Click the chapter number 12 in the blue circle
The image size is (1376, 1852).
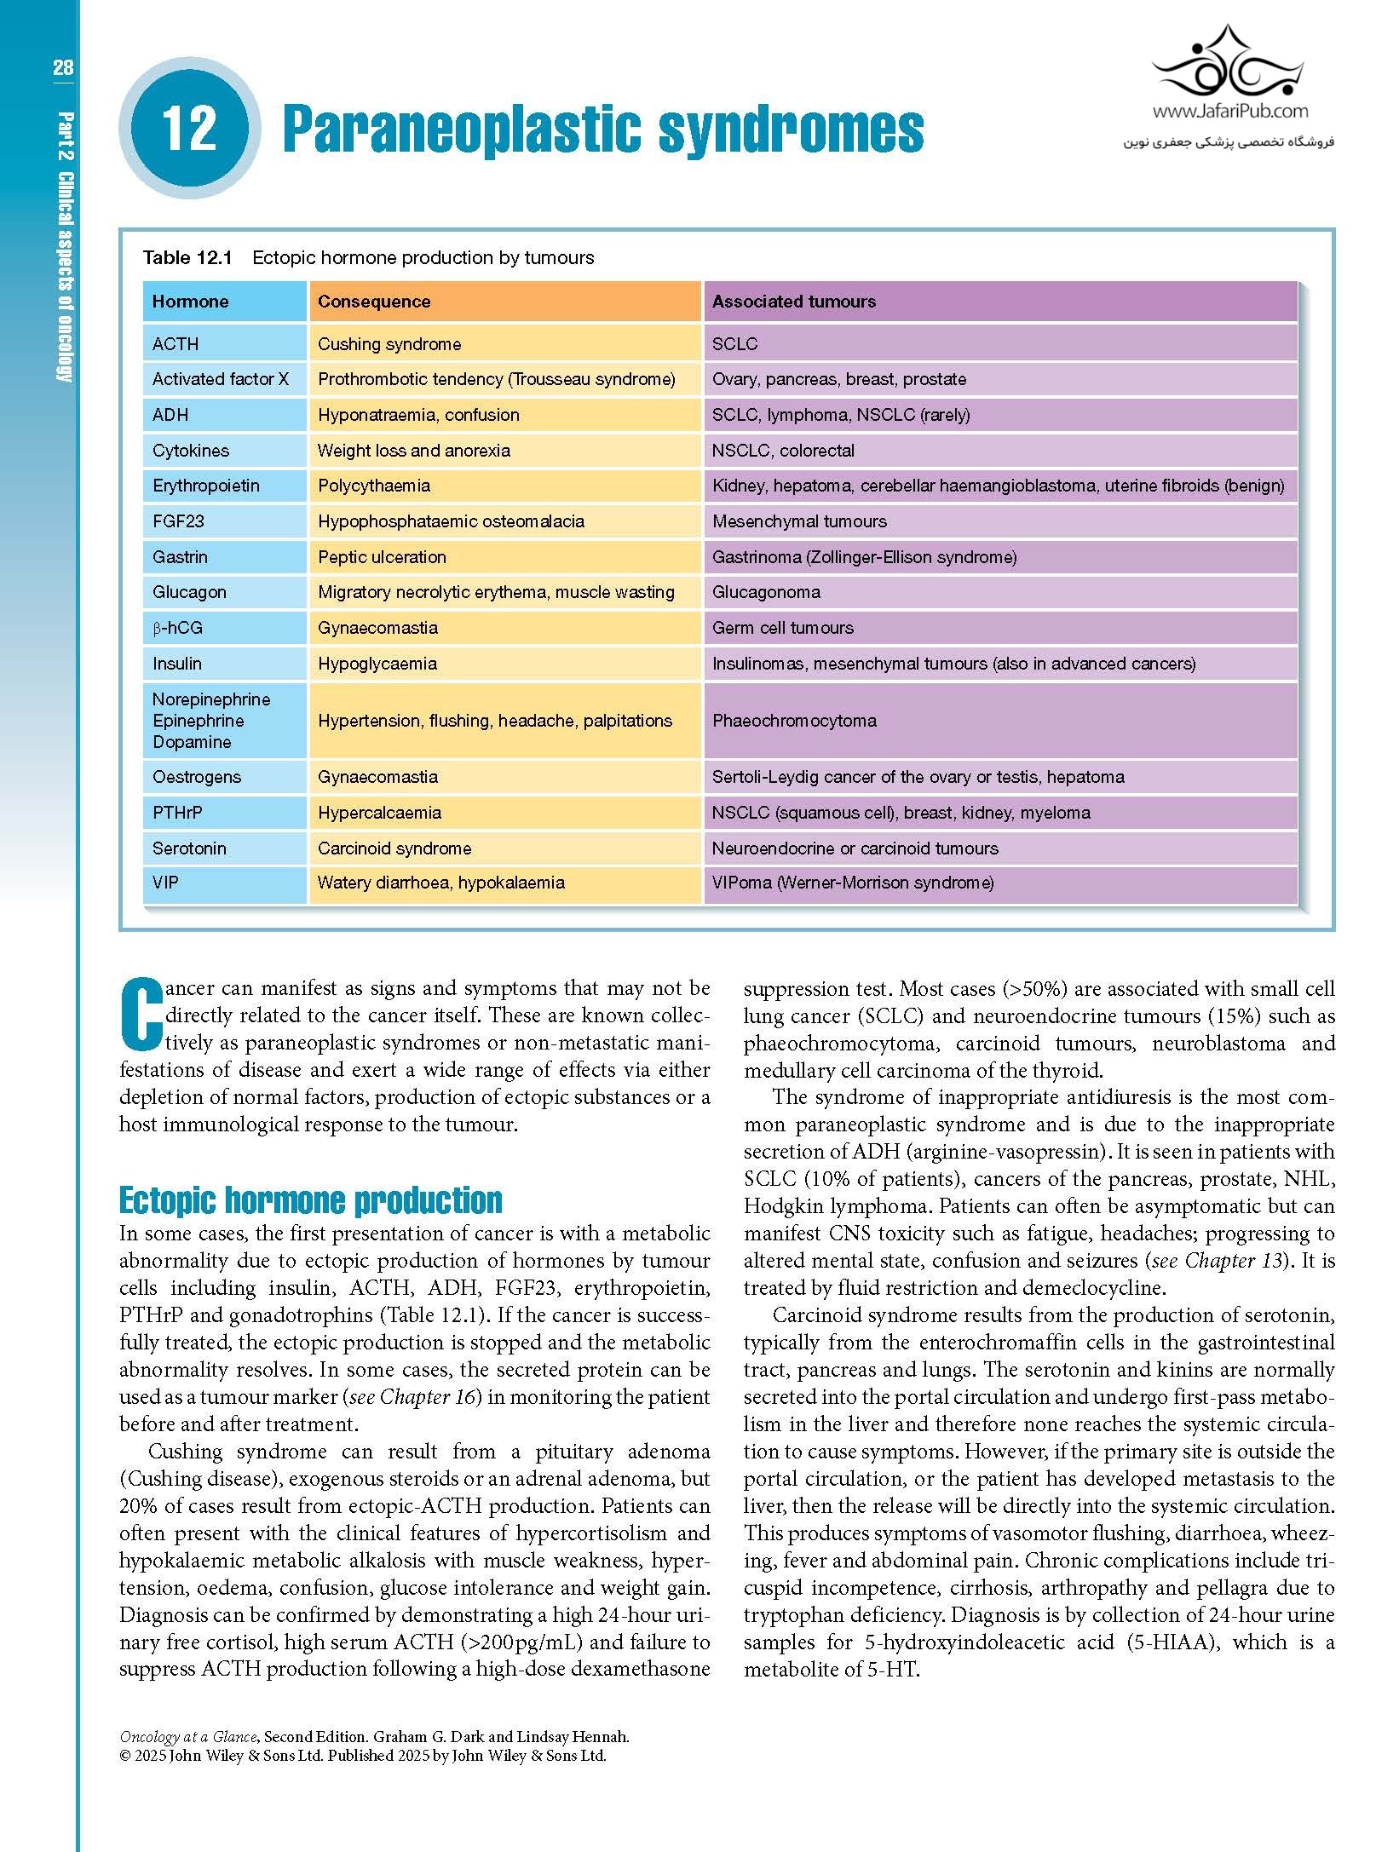coord(188,128)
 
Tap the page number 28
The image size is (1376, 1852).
coord(62,68)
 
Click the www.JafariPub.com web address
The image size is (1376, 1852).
coord(1229,111)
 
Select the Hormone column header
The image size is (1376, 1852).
coord(190,302)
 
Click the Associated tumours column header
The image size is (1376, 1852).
coord(793,302)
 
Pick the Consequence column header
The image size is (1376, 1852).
coord(374,302)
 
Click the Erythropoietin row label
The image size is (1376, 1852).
coord(205,486)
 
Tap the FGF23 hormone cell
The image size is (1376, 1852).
coord(178,521)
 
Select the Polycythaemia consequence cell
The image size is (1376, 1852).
coord(374,486)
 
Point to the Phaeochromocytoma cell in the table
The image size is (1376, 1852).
coord(794,721)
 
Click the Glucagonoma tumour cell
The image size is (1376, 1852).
coord(766,592)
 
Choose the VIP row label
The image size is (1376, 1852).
coord(165,883)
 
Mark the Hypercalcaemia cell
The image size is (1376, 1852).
coord(379,813)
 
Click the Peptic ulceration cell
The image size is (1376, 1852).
coord(382,557)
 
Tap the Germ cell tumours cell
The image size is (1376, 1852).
coord(782,628)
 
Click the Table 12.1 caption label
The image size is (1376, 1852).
coord(187,257)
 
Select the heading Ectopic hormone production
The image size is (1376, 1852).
coord(310,1199)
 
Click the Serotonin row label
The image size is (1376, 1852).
coord(189,848)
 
